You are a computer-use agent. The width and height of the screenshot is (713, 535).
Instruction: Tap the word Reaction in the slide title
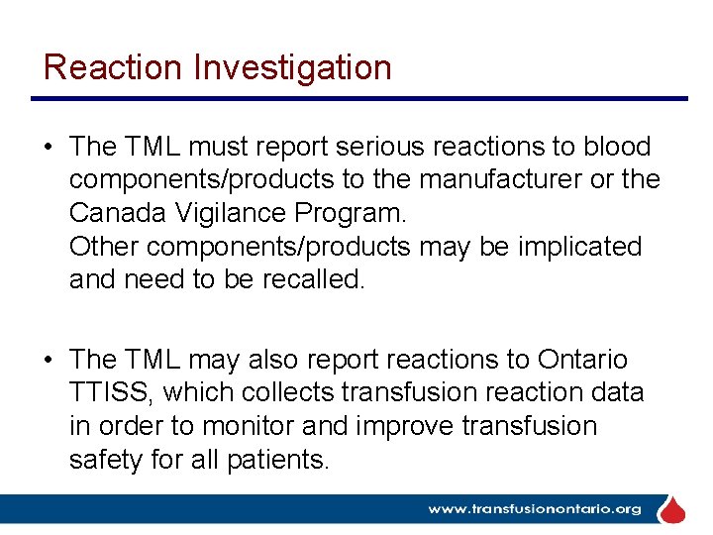click(113, 67)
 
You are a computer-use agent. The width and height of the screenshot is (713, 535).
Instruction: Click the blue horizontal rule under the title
click(358, 98)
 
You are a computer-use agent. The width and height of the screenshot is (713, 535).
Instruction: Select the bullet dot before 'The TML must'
click(48, 148)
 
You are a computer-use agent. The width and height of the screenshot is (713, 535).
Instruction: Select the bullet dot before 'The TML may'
click(48, 360)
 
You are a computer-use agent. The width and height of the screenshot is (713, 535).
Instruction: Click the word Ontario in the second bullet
click(582, 360)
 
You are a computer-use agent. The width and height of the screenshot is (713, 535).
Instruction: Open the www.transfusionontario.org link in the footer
click(534, 509)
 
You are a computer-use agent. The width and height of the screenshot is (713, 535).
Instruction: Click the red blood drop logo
click(673, 510)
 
